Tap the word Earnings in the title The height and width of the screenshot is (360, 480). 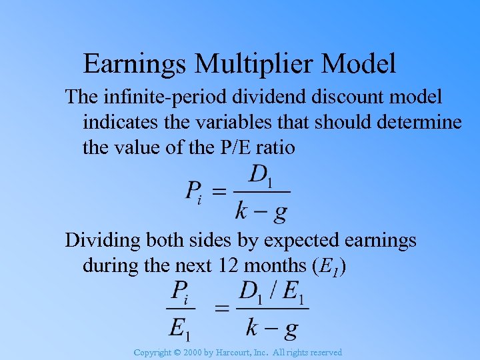coord(136,64)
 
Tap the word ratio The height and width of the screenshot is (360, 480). coord(277,147)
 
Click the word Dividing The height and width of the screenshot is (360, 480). coord(97,240)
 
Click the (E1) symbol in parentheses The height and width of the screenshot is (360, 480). coord(329,265)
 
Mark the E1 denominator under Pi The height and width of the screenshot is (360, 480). coord(181,326)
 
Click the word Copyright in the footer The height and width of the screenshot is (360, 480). coord(152,352)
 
